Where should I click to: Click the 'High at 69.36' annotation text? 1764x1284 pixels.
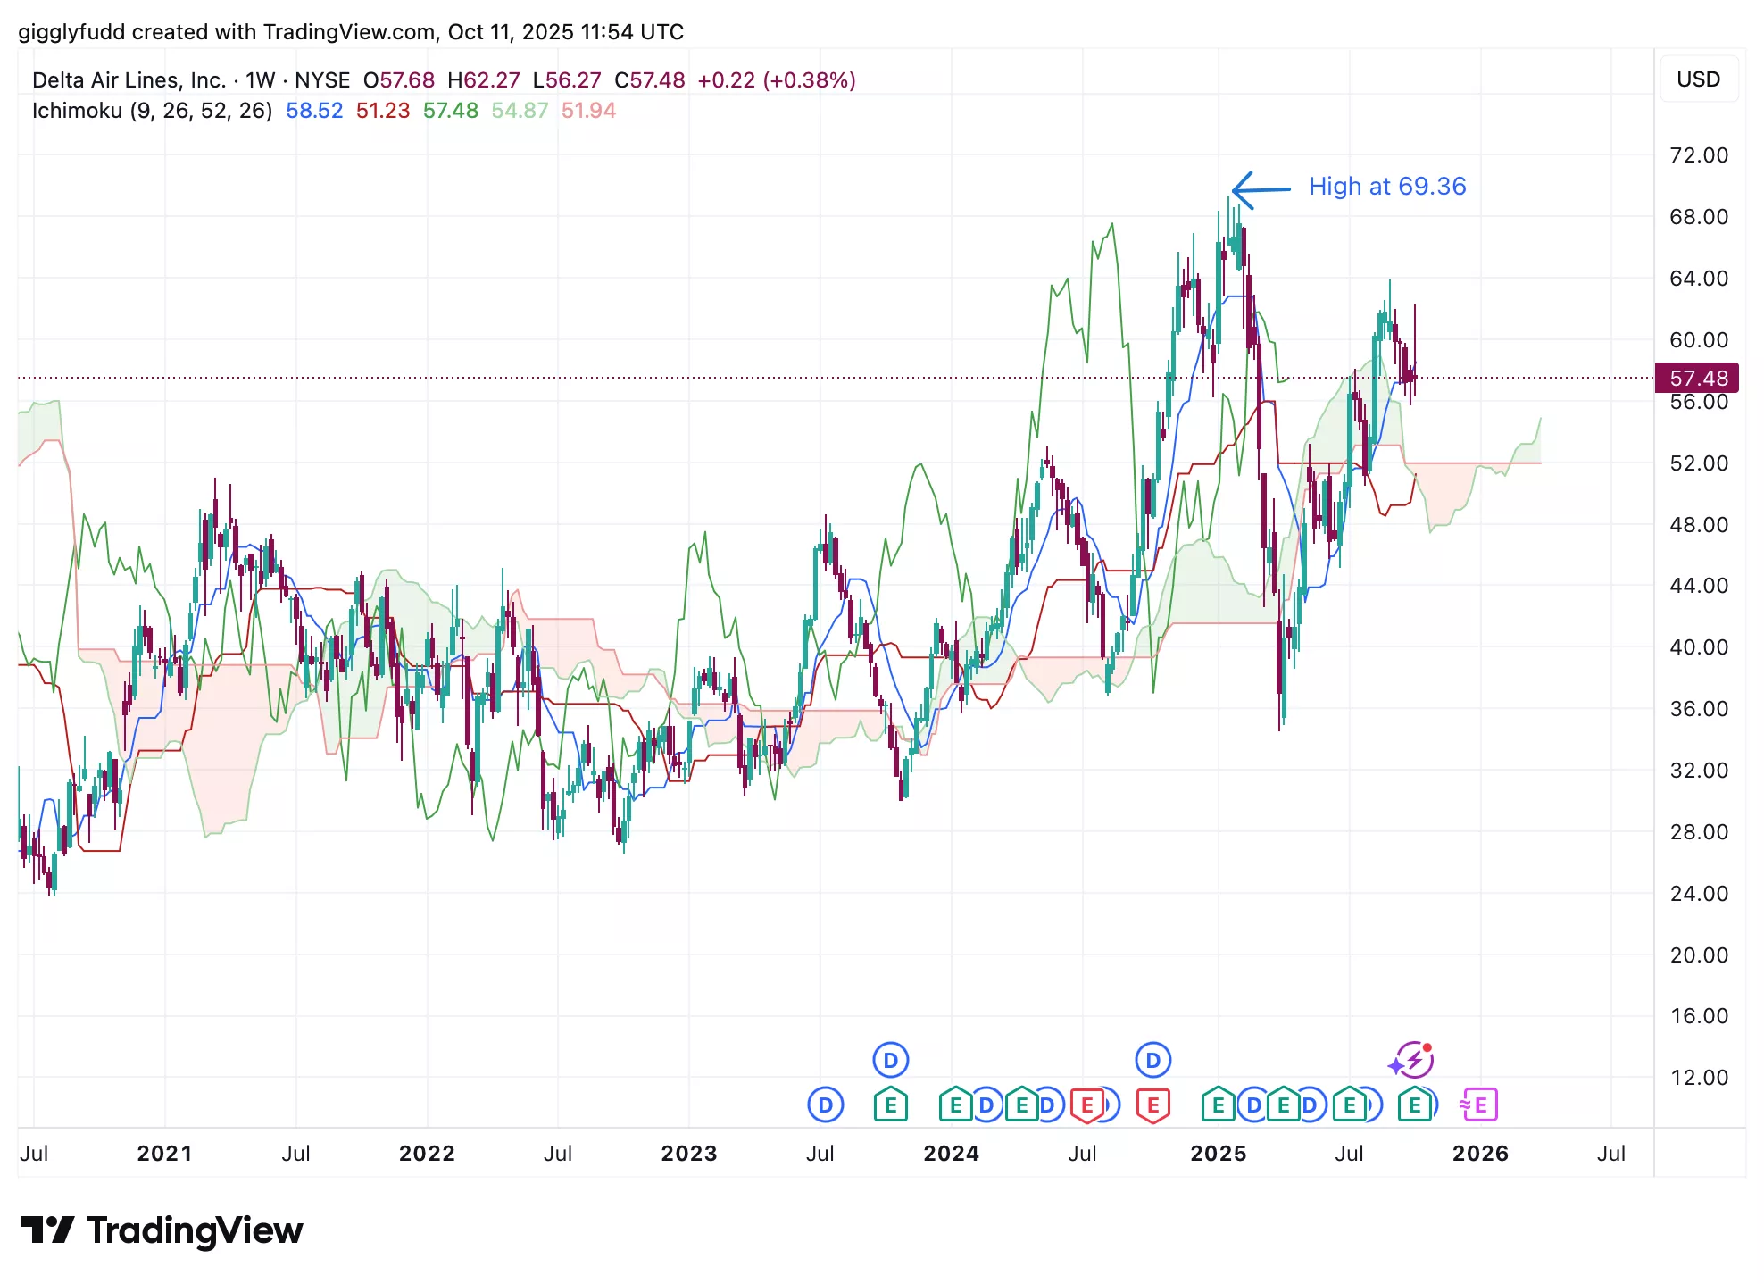pos(1386,187)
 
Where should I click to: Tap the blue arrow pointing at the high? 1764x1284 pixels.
pos(1260,189)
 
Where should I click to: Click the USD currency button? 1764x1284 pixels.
pos(1698,79)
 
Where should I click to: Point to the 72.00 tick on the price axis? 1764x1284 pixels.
pos(1698,155)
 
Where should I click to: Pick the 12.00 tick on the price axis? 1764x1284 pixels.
pos(1698,1078)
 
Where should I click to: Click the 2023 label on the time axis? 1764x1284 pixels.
pos(688,1154)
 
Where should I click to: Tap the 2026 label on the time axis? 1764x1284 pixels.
pos(1480,1154)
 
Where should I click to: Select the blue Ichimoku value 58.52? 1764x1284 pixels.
pos(314,111)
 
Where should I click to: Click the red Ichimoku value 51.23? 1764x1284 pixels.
pos(383,111)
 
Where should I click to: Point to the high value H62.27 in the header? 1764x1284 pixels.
pos(483,80)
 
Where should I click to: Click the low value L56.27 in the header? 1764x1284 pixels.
pos(567,80)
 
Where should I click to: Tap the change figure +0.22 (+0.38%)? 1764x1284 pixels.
pos(777,80)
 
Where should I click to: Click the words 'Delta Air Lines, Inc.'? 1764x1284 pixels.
pos(129,80)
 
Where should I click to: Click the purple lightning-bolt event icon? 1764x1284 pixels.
pos(1413,1060)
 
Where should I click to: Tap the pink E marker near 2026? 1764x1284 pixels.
pos(1479,1105)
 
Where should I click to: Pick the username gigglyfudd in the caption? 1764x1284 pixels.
pos(72,32)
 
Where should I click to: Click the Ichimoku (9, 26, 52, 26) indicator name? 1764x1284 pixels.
pos(152,111)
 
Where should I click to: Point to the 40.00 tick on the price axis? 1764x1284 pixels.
pos(1698,647)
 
